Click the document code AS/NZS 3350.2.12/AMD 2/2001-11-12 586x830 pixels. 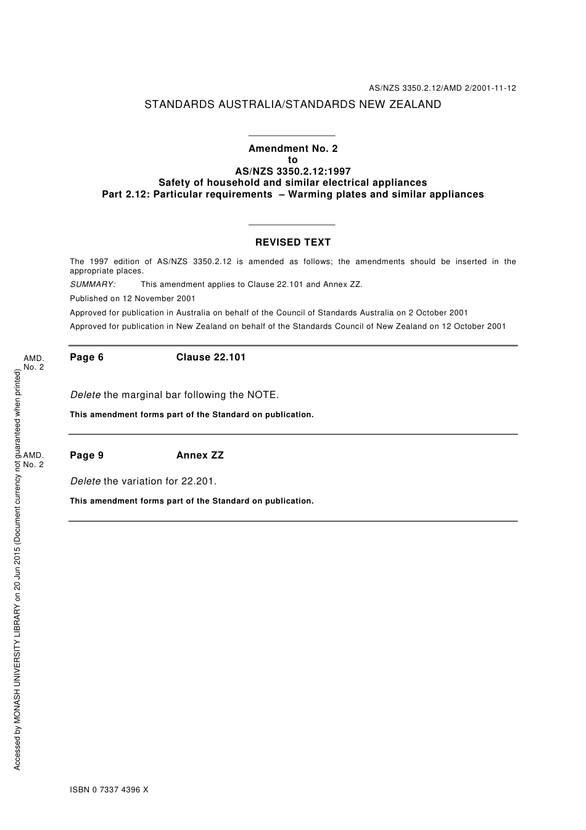(x=442, y=88)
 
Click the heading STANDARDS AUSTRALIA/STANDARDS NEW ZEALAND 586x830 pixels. (x=292, y=104)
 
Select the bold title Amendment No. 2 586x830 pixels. (x=293, y=148)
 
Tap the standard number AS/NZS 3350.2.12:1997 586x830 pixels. (x=293, y=171)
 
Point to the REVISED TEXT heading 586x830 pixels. (x=293, y=243)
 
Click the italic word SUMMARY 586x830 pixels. (x=93, y=284)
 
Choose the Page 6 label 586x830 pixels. (x=87, y=357)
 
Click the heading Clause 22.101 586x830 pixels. (x=211, y=357)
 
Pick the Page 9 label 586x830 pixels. (x=87, y=455)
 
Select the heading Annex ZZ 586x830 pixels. (x=200, y=455)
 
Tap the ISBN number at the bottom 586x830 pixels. (x=109, y=790)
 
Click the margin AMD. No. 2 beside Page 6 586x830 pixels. (x=34, y=363)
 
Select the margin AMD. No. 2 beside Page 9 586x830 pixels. (x=34, y=460)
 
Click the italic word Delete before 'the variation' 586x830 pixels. (x=85, y=481)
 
